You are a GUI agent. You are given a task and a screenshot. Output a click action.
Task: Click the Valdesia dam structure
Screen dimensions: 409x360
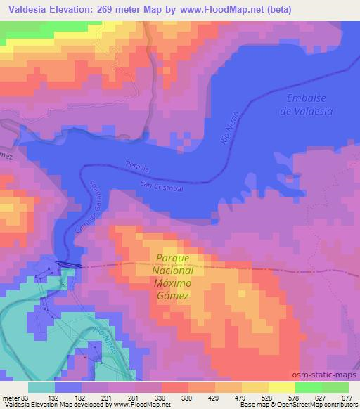68,265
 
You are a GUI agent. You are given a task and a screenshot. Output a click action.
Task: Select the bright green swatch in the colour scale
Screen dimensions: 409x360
309,387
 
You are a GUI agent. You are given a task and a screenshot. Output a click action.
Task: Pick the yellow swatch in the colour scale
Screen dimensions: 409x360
282,387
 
